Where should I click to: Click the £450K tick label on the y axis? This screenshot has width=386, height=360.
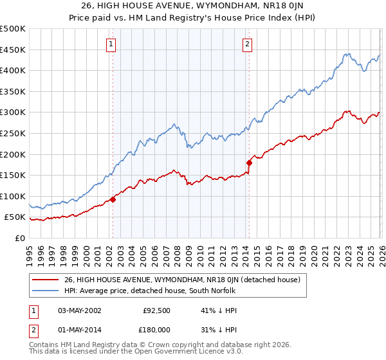tap(13, 50)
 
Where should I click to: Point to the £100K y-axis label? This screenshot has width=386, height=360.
tap(13, 196)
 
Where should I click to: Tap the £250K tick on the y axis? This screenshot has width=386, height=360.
tap(13, 133)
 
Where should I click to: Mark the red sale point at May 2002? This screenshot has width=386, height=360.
tap(113, 199)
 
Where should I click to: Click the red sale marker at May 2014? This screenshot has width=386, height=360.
tap(248, 163)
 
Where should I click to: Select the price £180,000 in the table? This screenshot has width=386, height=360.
tap(156, 330)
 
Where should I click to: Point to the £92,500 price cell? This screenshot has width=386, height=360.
tap(156, 310)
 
